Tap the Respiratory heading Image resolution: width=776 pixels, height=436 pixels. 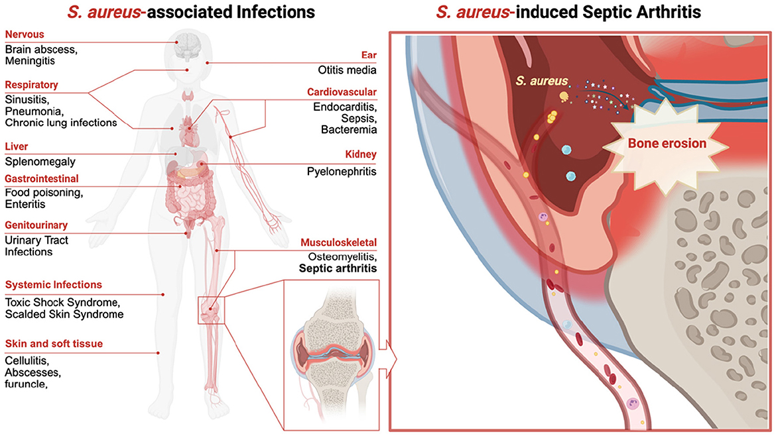(x=31, y=85)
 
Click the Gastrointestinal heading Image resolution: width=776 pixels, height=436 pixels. (x=42, y=179)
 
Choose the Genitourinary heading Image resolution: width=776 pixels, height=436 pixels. (x=36, y=225)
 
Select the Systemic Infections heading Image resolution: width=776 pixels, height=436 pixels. (x=54, y=285)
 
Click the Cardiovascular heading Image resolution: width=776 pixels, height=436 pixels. (x=342, y=91)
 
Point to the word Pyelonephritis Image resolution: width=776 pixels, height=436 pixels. (x=342, y=172)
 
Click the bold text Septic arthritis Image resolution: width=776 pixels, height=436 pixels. (x=338, y=269)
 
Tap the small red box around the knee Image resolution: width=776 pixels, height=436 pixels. (x=212, y=309)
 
